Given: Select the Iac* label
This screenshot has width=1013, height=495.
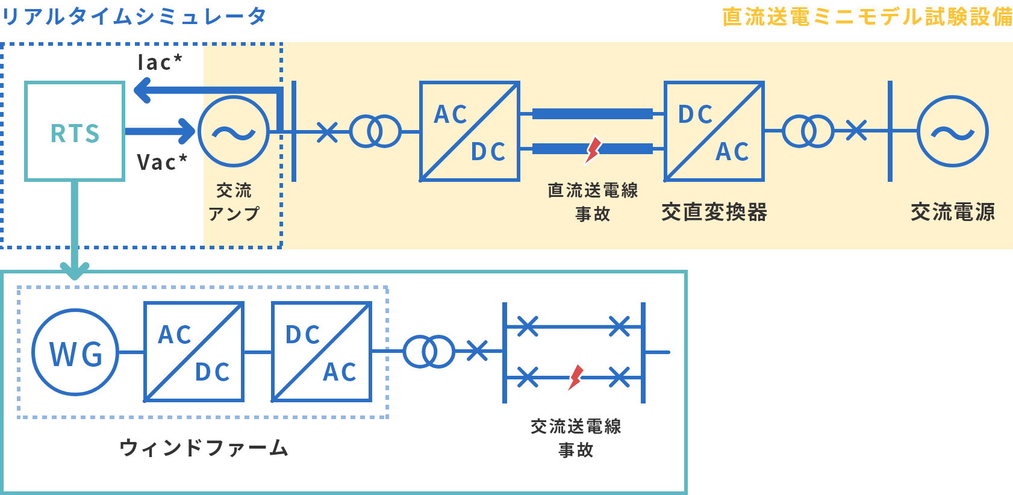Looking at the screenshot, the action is (x=160, y=63).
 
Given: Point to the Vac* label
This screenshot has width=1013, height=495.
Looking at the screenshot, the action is (x=162, y=162).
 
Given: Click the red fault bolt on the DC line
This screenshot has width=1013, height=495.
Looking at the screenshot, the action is (x=593, y=150).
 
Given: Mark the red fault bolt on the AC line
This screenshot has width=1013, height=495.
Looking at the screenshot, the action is (x=576, y=378).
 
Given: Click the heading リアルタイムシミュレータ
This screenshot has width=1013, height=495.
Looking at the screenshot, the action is (x=134, y=17).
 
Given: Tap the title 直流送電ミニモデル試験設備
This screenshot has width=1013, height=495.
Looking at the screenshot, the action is (x=867, y=17).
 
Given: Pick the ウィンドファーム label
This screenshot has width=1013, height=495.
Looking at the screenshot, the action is (x=204, y=447).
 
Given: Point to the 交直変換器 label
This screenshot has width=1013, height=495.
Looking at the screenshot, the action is (x=714, y=212).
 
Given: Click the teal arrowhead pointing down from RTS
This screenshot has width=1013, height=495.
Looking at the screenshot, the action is (x=75, y=270).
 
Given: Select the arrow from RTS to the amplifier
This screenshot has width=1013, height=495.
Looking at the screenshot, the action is (x=160, y=131).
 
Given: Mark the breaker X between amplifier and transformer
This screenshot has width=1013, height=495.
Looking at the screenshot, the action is (x=327, y=132).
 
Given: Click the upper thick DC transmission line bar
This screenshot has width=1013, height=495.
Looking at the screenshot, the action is (x=593, y=114).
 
